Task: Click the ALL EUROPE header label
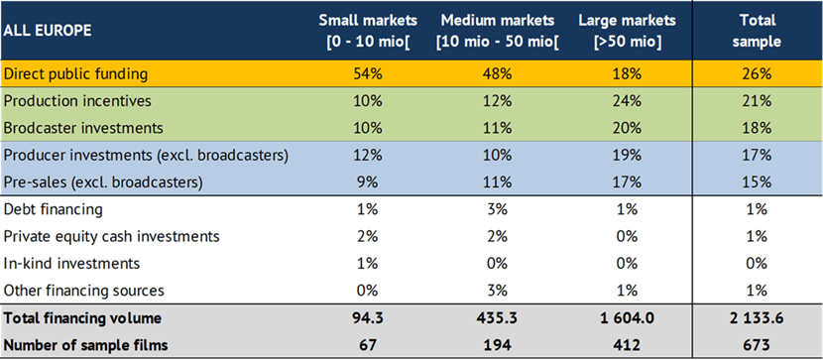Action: [x=48, y=31]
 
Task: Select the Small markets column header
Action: [x=368, y=31]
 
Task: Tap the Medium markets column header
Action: [x=498, y=31]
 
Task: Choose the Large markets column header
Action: [x=627, y=31]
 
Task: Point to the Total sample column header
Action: [x=758, y=31]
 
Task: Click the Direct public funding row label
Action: [x=75, y=73]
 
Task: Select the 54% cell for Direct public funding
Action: [x=368, y=73]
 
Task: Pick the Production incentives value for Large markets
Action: [x=628, y=101]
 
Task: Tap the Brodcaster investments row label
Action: [x=83, y=128]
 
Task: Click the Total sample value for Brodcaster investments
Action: [x=758, y=128]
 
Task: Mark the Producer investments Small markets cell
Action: [x=368, y=156]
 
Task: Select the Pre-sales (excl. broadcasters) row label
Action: [x=103, y=182]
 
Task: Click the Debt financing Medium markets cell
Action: [x=498, y=209]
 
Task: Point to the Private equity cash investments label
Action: [x=111, y=237]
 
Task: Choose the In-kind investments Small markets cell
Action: [x=368, y=264]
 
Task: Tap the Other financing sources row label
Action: [x=84, y=291]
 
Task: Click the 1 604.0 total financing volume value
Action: [x=628, y=318]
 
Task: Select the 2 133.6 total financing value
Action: [x=758, y=318]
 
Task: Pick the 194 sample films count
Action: [x=498, y=345]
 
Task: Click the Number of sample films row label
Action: [x=86, y=345]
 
